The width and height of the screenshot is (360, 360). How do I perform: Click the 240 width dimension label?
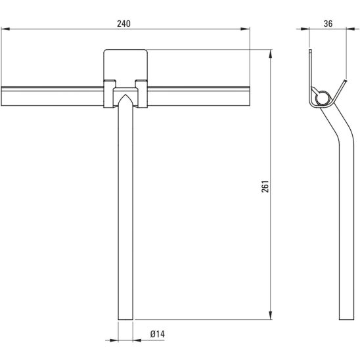tap(124, 24)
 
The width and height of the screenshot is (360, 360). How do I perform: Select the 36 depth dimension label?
tap(328, 24)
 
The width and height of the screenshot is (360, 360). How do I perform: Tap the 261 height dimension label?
tap(265, 186)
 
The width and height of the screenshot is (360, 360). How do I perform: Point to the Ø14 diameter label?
tap(158, 334)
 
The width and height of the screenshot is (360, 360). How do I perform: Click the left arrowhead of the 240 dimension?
tap(5, 29)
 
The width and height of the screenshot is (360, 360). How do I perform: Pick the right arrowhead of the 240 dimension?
tap(245, 29)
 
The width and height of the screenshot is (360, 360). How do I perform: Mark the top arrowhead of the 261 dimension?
tap(271, 54)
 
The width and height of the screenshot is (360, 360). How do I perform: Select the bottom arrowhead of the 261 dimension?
tap(271, 315)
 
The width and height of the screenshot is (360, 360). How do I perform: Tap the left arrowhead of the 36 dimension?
tap(305, 29)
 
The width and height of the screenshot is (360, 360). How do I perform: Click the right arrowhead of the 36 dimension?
tap(351, 29)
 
